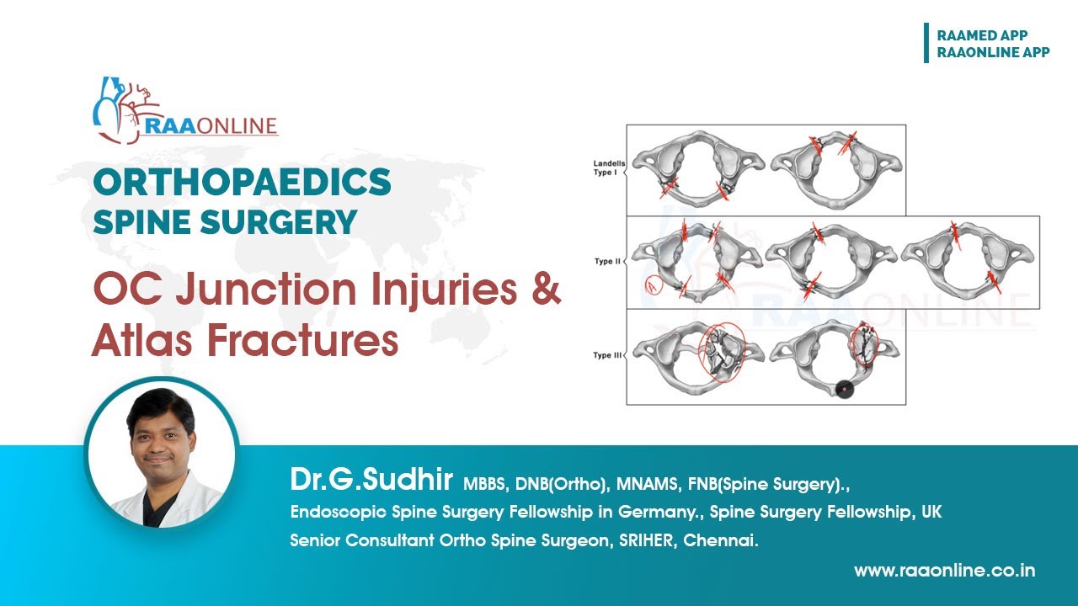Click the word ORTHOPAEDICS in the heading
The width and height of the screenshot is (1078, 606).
(x=242, y=183)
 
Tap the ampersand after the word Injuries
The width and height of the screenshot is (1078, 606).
(x=545, y=290)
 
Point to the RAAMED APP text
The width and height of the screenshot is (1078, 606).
(x=982, y=35)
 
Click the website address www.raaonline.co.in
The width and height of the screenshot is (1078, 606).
(x=944, y=571)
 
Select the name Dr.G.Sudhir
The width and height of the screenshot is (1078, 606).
(x=371, y=481)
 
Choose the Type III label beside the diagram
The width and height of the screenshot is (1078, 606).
(x=608, y=355)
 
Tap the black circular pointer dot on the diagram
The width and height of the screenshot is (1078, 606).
(x=844, y=389)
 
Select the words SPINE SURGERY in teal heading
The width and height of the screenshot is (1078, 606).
(x=225, y=222)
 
